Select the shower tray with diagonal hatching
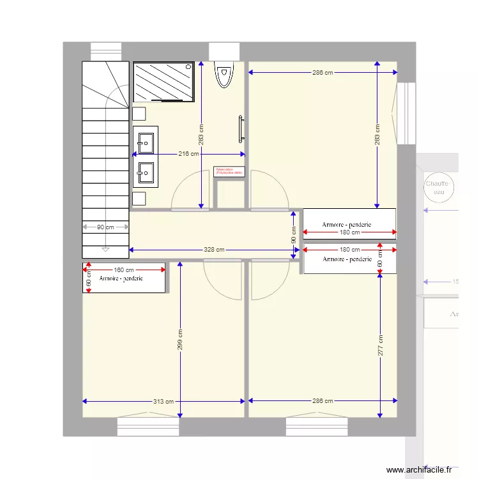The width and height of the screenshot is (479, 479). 163,82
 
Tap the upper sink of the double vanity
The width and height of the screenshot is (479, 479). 146,142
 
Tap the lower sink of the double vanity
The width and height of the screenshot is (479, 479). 146,171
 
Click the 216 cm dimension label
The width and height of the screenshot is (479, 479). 188,154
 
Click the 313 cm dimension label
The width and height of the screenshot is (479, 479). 164,401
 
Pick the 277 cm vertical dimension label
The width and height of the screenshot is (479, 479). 380,346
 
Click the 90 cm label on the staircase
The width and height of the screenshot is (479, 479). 105,227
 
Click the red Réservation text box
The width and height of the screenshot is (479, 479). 229,171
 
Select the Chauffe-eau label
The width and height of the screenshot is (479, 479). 438,187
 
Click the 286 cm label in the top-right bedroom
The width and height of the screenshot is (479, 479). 323,73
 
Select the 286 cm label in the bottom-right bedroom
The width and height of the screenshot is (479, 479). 323,401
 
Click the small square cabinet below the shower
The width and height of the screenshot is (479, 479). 139,114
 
